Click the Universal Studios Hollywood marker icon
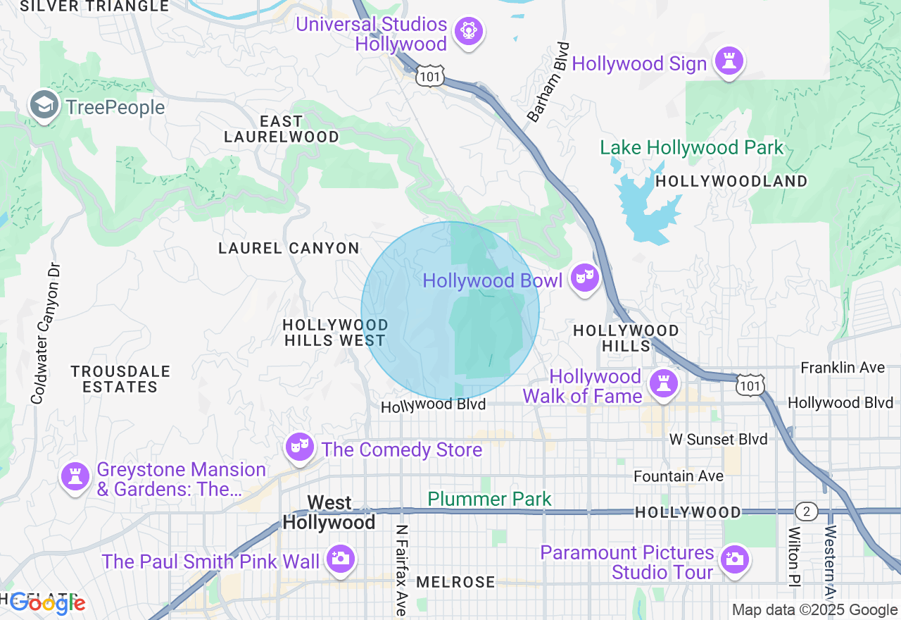pos(468,32)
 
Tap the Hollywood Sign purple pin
pos(729,62)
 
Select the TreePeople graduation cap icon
pos(44,106)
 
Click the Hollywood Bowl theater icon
pos(584,278)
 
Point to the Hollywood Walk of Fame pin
pos(662,384)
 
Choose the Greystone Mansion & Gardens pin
pos(75,477)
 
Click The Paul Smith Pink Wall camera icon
pos(341,560)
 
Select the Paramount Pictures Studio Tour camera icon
pos(733,560)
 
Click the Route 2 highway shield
pos(807,512)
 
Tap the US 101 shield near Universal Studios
pos(429,76)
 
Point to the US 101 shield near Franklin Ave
pos(750,385)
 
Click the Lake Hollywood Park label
pos(691,148)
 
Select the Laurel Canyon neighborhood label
pos(289,248)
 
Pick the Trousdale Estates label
pos(120,379)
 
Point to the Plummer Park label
pos(490,500)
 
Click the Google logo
pos(47,603)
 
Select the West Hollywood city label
pos(329,513)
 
